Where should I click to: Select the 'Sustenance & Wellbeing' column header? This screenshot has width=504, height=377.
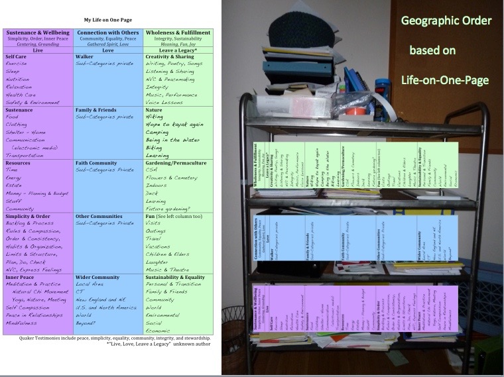38,32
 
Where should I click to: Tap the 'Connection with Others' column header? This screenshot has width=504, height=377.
107,32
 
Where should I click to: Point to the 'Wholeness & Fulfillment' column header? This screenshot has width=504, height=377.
178,32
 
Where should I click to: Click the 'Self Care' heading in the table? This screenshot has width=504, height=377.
17,57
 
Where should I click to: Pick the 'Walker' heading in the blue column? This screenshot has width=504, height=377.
84,57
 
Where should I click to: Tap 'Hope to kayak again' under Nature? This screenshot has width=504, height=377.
173,124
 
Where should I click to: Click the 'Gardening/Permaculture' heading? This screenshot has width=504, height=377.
175,162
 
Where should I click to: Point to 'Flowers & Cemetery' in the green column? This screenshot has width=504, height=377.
172,178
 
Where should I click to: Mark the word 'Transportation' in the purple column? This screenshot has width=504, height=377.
26,154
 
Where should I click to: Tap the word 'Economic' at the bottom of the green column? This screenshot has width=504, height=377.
158,331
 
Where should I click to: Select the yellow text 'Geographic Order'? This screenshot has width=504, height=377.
446,21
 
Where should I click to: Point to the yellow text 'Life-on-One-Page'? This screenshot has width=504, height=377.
445,80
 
